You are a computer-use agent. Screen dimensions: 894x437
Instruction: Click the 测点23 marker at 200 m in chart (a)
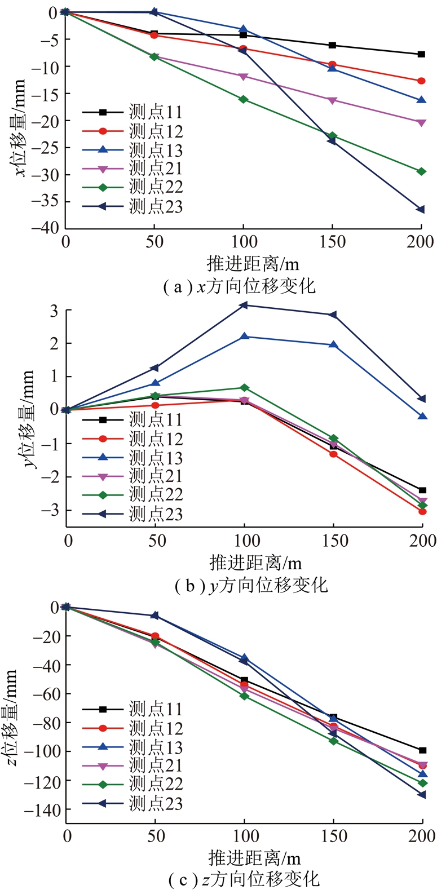coord(421,210)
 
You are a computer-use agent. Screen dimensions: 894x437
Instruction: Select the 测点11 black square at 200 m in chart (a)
coord(421,54)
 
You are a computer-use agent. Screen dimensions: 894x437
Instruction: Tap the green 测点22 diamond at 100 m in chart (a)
coord(243,99)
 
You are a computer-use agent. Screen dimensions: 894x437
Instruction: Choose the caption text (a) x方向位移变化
coord(239,287)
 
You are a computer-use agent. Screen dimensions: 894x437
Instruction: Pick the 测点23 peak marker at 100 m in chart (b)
coord(244,305)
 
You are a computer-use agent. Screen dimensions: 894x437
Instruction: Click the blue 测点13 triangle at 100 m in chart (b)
coord(244,337)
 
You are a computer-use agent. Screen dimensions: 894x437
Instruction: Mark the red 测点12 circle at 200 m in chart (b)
coord(422,511)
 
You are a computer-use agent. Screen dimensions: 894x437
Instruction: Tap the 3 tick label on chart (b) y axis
coord(53,311)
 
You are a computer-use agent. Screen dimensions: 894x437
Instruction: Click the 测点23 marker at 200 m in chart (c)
coord(422,795)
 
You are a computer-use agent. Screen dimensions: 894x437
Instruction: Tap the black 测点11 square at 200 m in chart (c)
coord(422,750)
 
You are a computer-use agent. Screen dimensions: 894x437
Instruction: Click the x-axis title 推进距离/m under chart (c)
coord(254,858)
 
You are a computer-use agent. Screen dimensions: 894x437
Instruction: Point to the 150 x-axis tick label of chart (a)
coord(333,242)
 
